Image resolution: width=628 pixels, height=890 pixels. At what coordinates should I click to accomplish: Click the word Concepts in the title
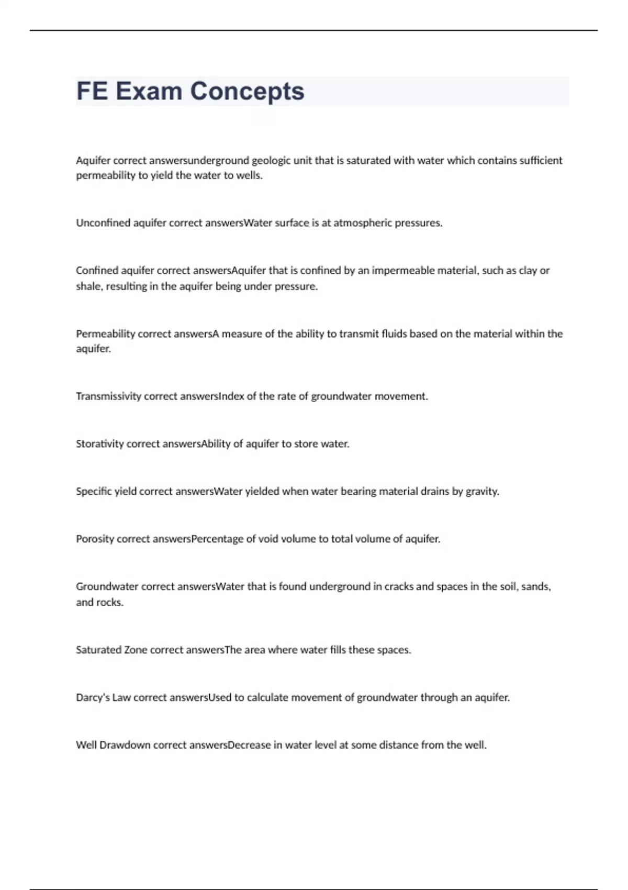(246, 91)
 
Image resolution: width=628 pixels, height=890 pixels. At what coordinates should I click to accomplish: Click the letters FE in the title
(92, 91)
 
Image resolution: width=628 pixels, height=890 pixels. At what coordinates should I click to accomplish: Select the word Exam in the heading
(149, 91)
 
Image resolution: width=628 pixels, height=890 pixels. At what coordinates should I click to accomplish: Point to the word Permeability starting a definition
(105, 334)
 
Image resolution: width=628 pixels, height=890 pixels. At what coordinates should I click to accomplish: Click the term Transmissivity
(108, 396)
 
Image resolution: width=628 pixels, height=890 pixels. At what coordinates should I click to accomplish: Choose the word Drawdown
(125, 745)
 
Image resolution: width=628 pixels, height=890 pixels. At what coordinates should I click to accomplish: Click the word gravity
(481, 492)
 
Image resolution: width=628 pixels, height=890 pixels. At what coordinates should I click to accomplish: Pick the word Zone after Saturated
(136, 650)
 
